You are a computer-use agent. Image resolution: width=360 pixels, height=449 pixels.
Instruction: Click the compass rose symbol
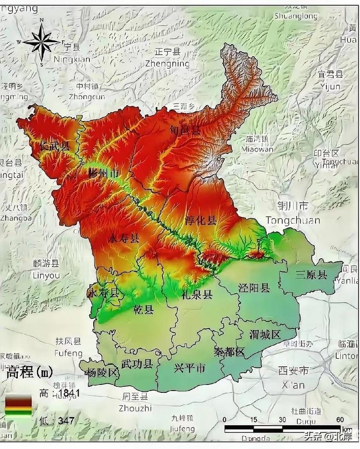tap(42, 42)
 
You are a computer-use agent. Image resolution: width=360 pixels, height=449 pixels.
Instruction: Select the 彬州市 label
tap(104, 174)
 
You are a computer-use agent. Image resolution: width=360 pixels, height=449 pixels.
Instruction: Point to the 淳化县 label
tap(201, 220)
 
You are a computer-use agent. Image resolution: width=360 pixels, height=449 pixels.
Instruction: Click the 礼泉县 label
tap(197, 294)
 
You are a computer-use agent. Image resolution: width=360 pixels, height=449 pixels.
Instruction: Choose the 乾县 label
tap(143, 309)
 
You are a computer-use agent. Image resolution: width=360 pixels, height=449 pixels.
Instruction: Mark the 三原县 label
tap(311, 275)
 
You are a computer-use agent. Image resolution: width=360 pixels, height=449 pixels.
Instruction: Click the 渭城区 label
tap(265, 334)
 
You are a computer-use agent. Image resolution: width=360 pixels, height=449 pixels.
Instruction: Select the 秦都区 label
tap(229, 352)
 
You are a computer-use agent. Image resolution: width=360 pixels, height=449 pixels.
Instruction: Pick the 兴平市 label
tap(190, 368)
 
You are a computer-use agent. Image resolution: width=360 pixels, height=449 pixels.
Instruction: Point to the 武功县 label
tap(137, 363)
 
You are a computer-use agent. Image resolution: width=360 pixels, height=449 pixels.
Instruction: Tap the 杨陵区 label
tap(103, 372)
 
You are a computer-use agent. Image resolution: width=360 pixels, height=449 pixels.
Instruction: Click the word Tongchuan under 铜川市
tap(293, 220)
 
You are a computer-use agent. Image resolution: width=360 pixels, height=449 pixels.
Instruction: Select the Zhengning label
tap(167, 64)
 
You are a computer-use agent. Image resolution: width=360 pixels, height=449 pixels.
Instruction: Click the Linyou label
tap(46, 275)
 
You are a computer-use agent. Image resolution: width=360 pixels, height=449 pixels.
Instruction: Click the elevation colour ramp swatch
tap(18, 406)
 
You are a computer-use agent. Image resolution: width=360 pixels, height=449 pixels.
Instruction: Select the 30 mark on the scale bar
tap(282, 420)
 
